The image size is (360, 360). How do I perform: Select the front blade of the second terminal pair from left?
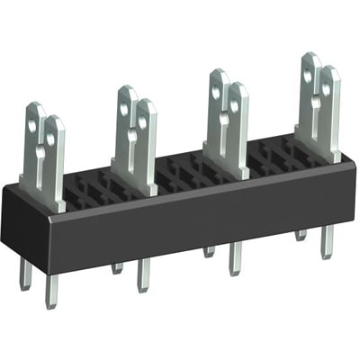pyautogui.click(x=145, y=144)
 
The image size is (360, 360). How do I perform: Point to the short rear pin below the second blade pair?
pyautogui.click(x=118, y=266)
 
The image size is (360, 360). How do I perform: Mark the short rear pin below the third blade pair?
pyautogui.click(x=208, y=250)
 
